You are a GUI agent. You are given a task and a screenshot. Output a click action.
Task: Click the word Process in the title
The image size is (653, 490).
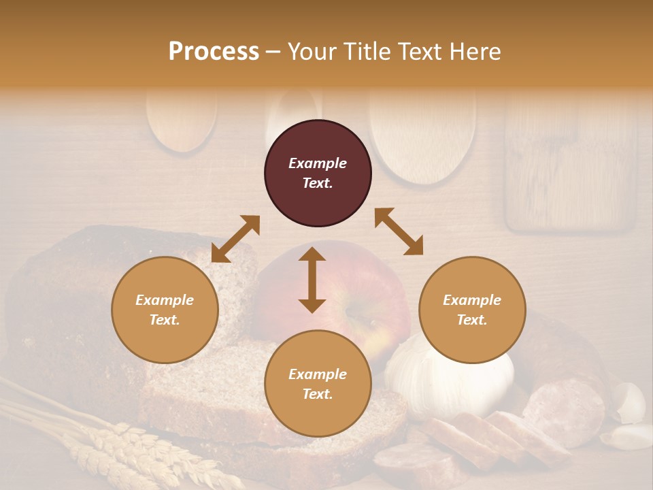214,52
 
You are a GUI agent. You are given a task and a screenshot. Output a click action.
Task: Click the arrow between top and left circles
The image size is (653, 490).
235,239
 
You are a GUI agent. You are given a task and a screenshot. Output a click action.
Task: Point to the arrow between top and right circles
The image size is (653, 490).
399,231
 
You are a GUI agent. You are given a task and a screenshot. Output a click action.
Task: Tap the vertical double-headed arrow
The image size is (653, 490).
312,280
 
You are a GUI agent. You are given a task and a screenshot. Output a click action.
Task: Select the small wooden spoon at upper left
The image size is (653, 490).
182,119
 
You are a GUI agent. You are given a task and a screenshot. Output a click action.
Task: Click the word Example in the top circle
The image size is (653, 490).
318,163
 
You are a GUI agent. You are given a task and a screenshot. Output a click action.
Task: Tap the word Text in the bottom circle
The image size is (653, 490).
318,394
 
